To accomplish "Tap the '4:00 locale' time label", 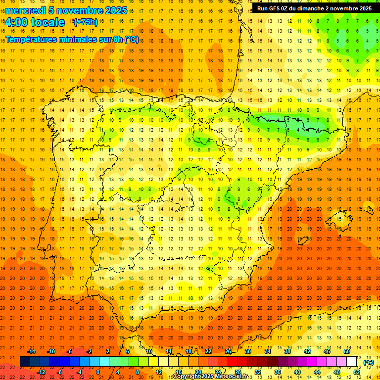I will tap(35, 22).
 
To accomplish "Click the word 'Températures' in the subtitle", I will tap(33, 39).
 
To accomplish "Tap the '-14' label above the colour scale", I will tap(32, 351).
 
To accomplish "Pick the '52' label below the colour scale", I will tap(357, 372).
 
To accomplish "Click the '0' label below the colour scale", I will tap(98, 372).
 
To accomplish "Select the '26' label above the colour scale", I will tap(228, 351).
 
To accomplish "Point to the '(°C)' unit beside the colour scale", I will tap(368, 362).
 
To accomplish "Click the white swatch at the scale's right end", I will tap(352, 362).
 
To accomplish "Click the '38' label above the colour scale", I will tap(287, 351).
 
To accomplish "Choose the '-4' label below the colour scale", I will tap(79, 372).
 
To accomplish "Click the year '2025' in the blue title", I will tap(115, 10).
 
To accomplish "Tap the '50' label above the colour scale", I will tap(347, 351).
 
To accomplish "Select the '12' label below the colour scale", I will tap(158, 372).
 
